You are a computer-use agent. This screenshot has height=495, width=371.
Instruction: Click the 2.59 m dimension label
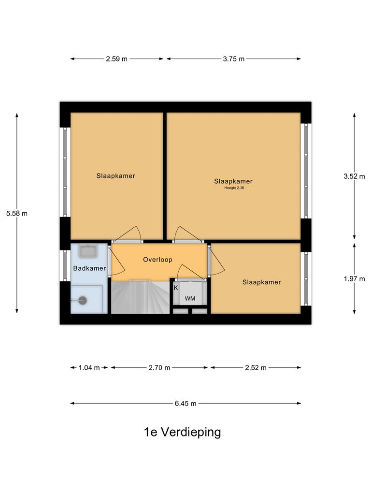(x=117, y=59)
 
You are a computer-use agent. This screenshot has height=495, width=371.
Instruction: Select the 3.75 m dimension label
(x=234, y=59)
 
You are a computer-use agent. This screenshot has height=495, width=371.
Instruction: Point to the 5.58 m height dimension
(x=17, y=213)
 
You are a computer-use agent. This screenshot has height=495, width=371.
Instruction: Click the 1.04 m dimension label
(x=89, y=367)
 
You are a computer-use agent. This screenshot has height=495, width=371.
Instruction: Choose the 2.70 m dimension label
(x=159, y=367)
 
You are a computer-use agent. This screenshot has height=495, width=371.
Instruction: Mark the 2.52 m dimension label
(x=256, y=367)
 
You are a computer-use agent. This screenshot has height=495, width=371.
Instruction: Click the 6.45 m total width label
(x=185, y=403)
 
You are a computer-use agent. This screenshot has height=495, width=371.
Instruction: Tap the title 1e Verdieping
(x=182, y=432)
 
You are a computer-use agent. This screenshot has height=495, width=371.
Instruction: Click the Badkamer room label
(x=89, y=268)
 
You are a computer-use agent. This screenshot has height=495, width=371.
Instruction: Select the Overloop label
(x=157, y=260)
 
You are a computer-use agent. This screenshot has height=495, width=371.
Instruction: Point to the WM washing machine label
(x=190, y=299)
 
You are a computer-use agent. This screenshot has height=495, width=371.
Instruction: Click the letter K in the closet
(x=176, y=288)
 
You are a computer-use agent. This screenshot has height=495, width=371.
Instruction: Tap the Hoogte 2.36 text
(x=234, y=188)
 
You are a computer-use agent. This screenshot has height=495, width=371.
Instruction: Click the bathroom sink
(x=88, y=251)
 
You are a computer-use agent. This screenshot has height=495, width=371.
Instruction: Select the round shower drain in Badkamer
(x=83, y=300)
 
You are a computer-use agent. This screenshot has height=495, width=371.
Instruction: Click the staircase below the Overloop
(x=140, y=297)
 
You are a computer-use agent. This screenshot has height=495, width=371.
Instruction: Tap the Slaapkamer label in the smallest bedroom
(x=261, y=282)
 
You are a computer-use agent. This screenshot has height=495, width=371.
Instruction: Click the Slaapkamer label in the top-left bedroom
(x=115, y=176)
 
